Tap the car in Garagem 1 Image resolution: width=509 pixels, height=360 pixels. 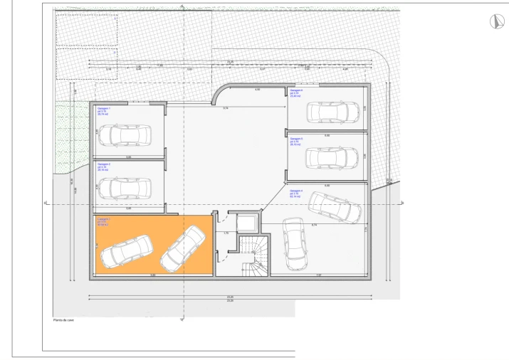125,134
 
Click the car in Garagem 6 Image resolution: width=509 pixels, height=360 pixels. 332,112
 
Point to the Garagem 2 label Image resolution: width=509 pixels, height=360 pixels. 104,167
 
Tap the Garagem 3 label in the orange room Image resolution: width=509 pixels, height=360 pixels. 104,221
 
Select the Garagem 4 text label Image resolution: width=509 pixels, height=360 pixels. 297,193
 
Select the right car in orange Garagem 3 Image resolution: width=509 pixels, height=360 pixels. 183,249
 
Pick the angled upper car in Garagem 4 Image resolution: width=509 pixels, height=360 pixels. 335,206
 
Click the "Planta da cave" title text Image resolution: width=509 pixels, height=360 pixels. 64,320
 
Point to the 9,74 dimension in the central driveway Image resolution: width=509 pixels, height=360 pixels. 226,107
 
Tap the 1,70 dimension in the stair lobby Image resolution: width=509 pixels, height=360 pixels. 226,233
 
